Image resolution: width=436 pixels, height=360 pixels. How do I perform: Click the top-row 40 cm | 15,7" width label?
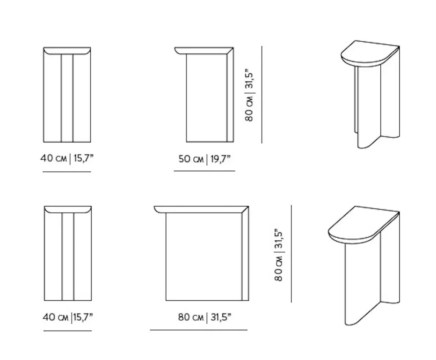click(67, 158)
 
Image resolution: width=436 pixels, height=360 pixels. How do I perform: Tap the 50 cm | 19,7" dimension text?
click(205, 159)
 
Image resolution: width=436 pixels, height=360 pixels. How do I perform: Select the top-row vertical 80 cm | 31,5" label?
click(250, 95)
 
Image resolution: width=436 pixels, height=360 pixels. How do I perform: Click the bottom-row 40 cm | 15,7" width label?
click(68, 317)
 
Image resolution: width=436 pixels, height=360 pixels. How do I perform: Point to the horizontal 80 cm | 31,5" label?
click(205, 317)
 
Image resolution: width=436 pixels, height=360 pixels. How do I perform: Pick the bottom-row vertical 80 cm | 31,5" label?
click(279, 255)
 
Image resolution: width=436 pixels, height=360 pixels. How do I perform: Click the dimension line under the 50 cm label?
click(204, 171)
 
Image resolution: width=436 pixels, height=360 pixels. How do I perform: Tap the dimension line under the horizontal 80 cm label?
click(199, 330)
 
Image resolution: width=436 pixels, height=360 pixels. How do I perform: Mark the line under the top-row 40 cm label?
click(67, 172)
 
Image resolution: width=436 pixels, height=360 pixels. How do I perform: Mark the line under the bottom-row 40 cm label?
click(68, 331)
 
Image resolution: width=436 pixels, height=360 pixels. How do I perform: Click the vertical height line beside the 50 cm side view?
click(262, 95)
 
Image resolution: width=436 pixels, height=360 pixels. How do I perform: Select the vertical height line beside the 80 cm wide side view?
click(291, 254)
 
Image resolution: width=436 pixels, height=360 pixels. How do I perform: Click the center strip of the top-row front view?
click(67, 98)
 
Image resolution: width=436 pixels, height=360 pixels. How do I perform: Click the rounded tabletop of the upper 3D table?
click(370, 53)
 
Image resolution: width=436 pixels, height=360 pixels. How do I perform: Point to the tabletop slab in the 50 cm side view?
click(204, 51)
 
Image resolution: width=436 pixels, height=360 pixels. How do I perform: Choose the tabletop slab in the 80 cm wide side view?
click(201, 210)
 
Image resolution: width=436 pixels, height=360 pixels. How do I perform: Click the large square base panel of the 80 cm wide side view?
click(204, 257)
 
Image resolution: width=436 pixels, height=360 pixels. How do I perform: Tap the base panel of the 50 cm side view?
click(207, 98)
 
